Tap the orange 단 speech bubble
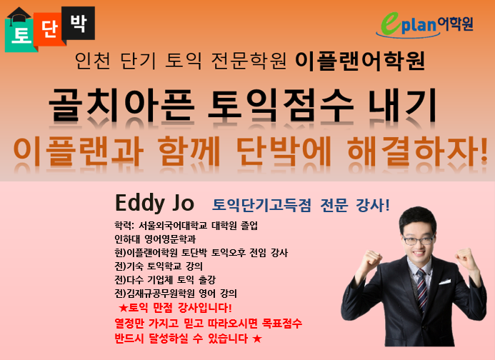[49, 29]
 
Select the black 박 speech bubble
[79, 23]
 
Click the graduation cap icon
[19, 15]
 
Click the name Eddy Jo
[154, 203]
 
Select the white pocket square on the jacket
[445, 281]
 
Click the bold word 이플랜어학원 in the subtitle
[360, 61]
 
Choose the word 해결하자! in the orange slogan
[417, 151]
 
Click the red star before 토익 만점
[123, 307]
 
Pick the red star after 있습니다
[257, 339]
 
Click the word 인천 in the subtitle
[93, 61]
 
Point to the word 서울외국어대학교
[173, 226]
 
